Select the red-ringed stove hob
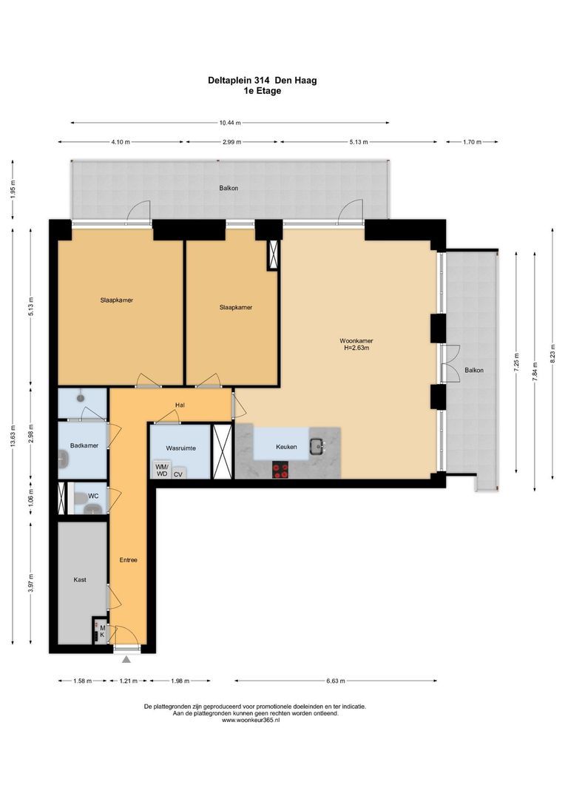[280, 469]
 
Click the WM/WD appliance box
[161, 470]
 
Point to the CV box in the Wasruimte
[177, 473]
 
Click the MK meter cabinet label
[102, 631]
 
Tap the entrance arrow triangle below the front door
[126, 659]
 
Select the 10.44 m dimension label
[230, 123]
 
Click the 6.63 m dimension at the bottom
[335, 681]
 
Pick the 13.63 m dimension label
[13, 436]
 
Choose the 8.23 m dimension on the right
[552, 354]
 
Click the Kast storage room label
[80, 579]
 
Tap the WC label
[93, 496]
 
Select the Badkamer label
[84, 445]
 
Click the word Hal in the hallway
[180, 405]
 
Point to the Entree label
[129, 559]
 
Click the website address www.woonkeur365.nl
[254, 720]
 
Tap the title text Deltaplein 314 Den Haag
[263, 80]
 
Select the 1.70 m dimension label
[472, 142]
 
